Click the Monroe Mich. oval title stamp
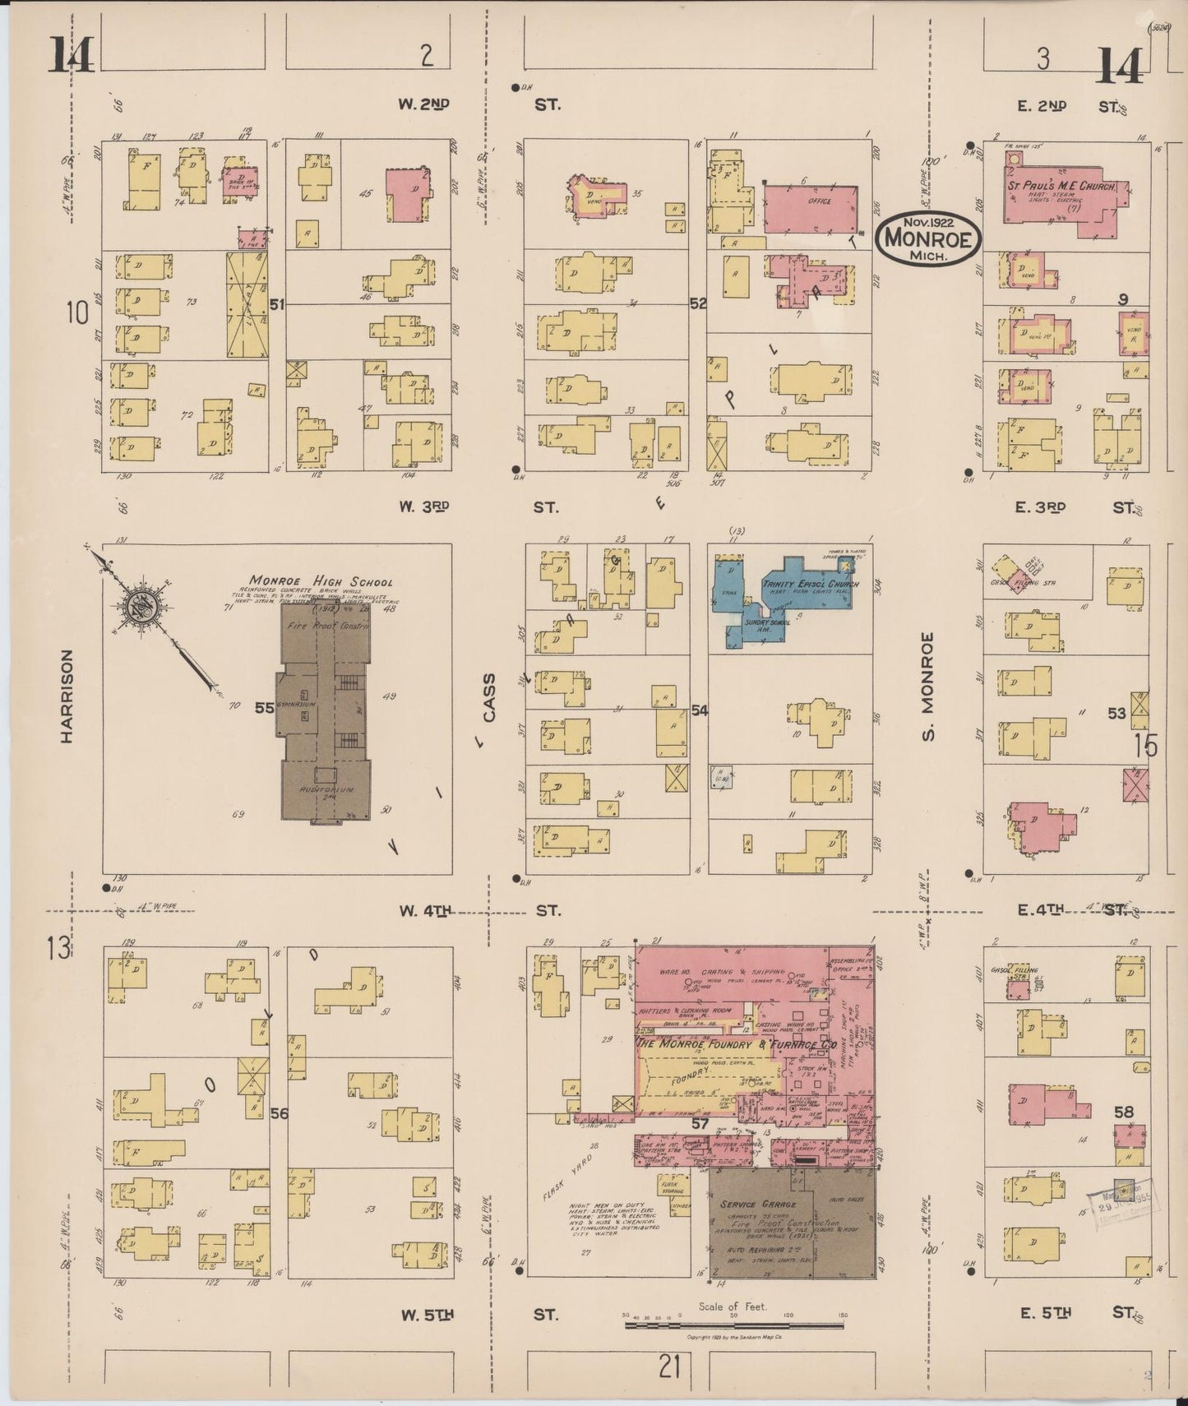click(x=928, y=238)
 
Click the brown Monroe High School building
click(x=323, y=710)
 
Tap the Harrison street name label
click(x=67, y=696)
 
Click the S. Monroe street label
click(x=929, y=686)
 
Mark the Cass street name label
click(x=489, y=698)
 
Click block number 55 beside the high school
click(x=264, y=707)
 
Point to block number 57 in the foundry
click(x=700, y=1122)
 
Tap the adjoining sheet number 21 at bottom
click(x=670, y=1368)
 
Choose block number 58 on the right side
click(x=1124, y=1112)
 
